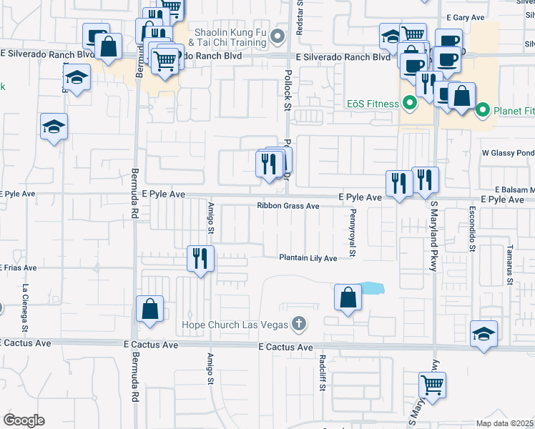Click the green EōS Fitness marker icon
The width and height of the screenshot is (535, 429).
click(x=410, y=104)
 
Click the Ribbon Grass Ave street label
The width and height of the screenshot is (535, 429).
click(x=288, y=206)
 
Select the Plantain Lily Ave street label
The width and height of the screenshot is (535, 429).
click(x=308, y=258)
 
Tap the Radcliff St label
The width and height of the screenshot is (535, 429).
click(x=323, y=373)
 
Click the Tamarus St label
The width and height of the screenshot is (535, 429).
click(x=510, y=266)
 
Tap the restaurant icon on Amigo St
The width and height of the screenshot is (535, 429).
click(x=201, y=257)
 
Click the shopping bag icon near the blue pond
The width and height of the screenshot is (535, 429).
click(x=348, y=297)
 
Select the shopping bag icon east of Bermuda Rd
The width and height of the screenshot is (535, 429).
click(x=150, y=309)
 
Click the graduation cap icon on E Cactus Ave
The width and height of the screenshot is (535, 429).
click(x=484, y=334)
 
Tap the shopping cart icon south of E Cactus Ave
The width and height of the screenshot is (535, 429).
click(x=432, y=385)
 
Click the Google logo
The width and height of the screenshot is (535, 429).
click(x=24, y=420)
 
